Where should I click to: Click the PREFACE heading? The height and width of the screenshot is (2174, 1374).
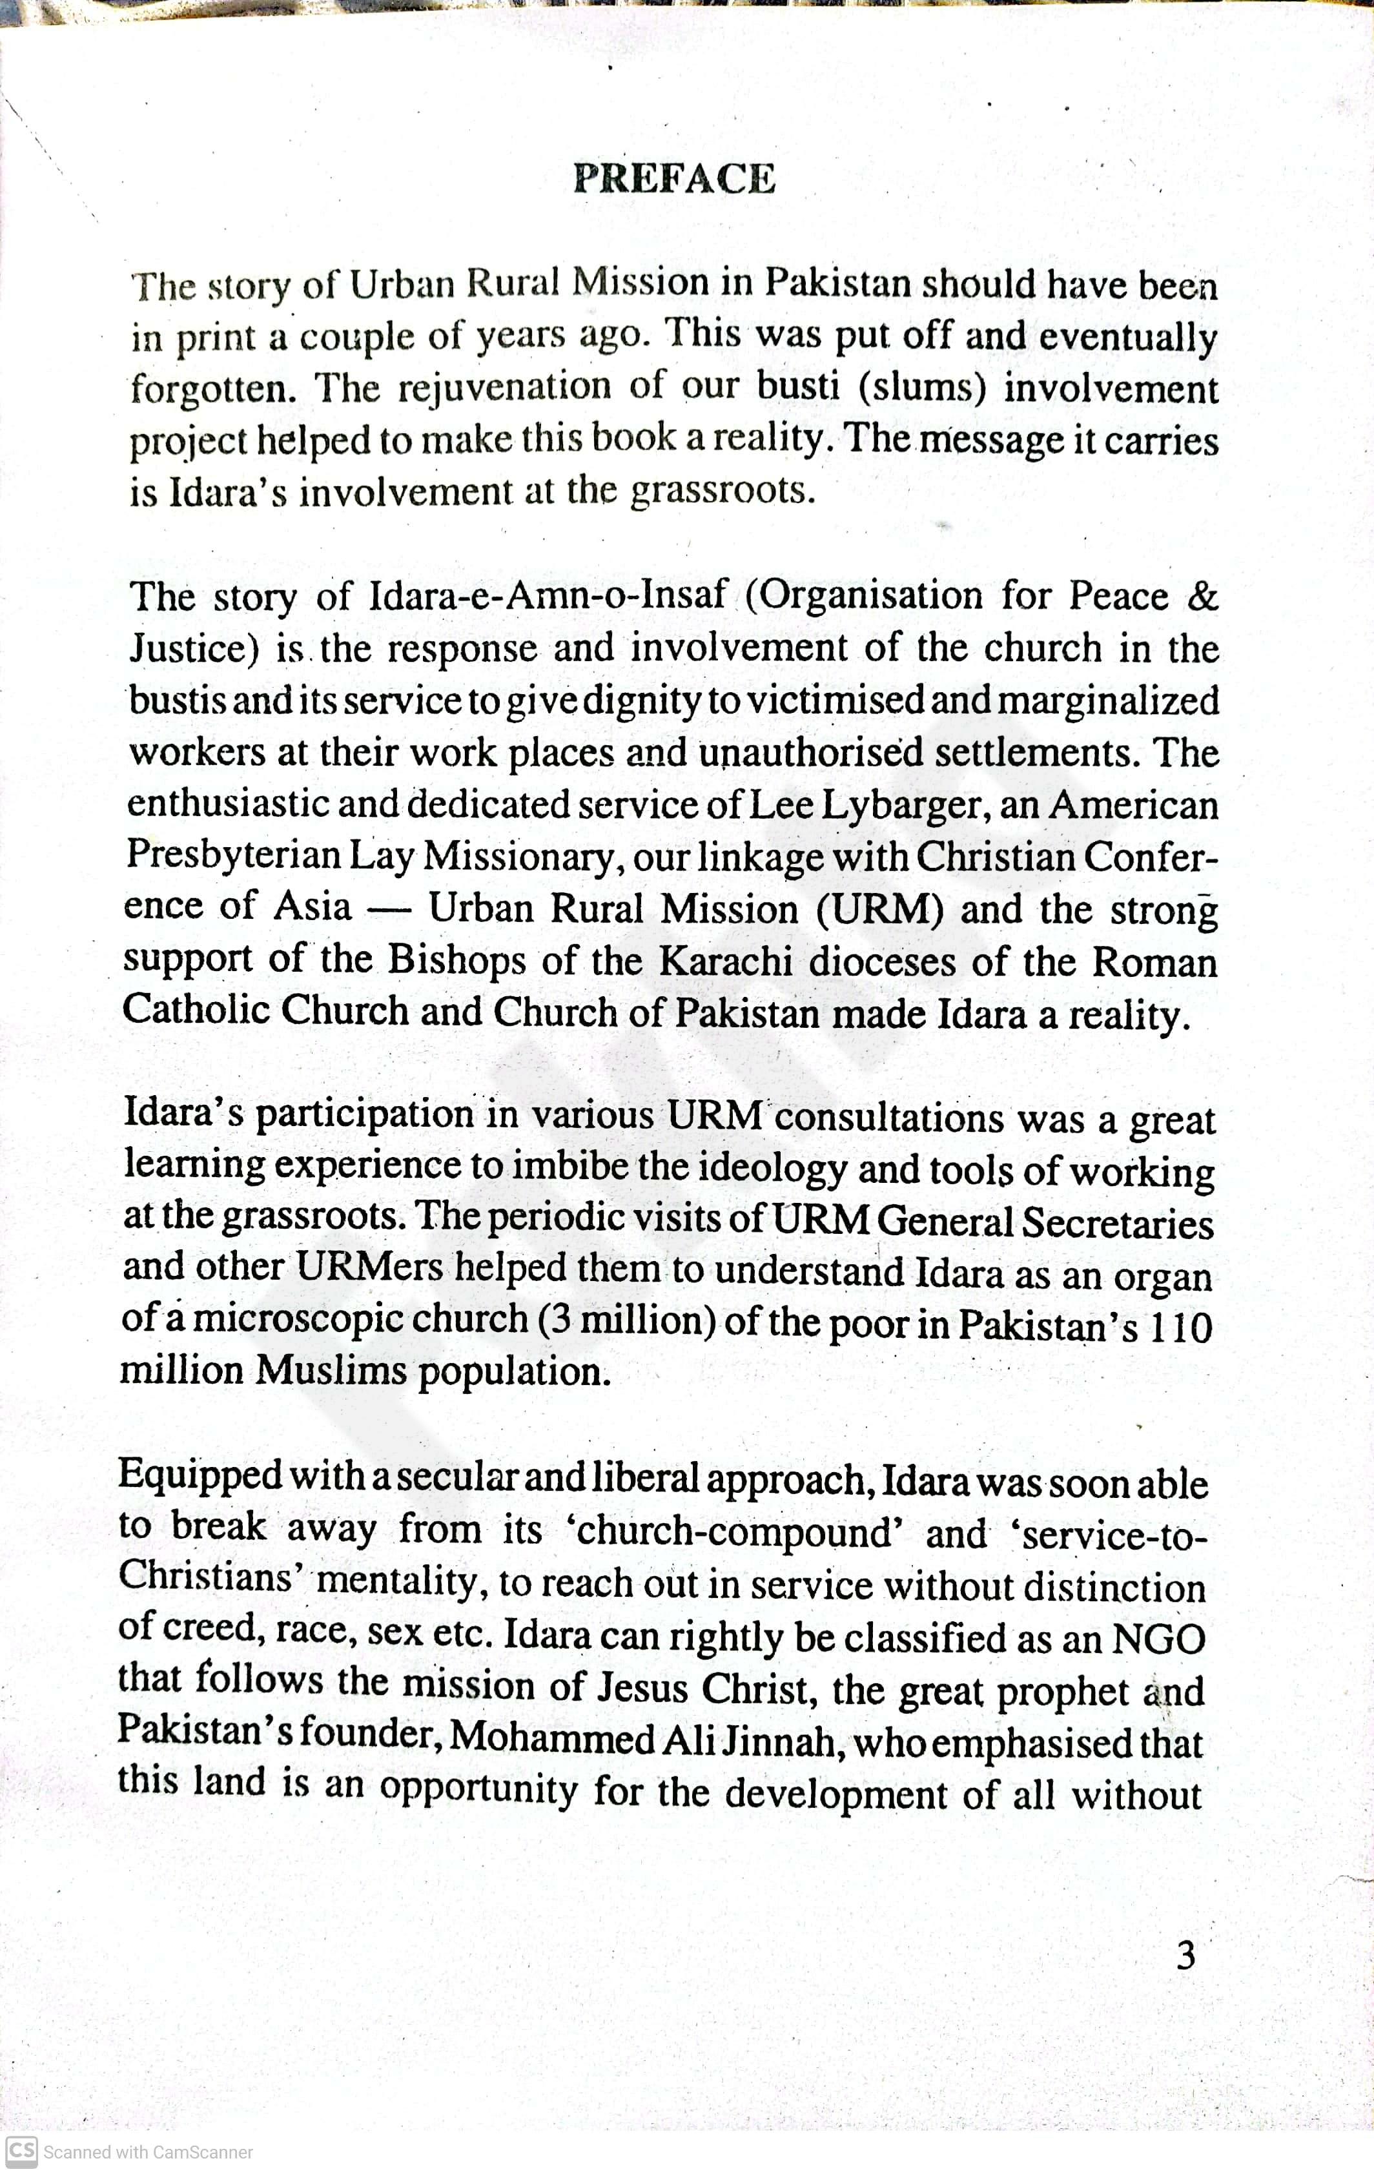673,179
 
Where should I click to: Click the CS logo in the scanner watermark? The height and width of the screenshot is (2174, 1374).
22,2151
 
